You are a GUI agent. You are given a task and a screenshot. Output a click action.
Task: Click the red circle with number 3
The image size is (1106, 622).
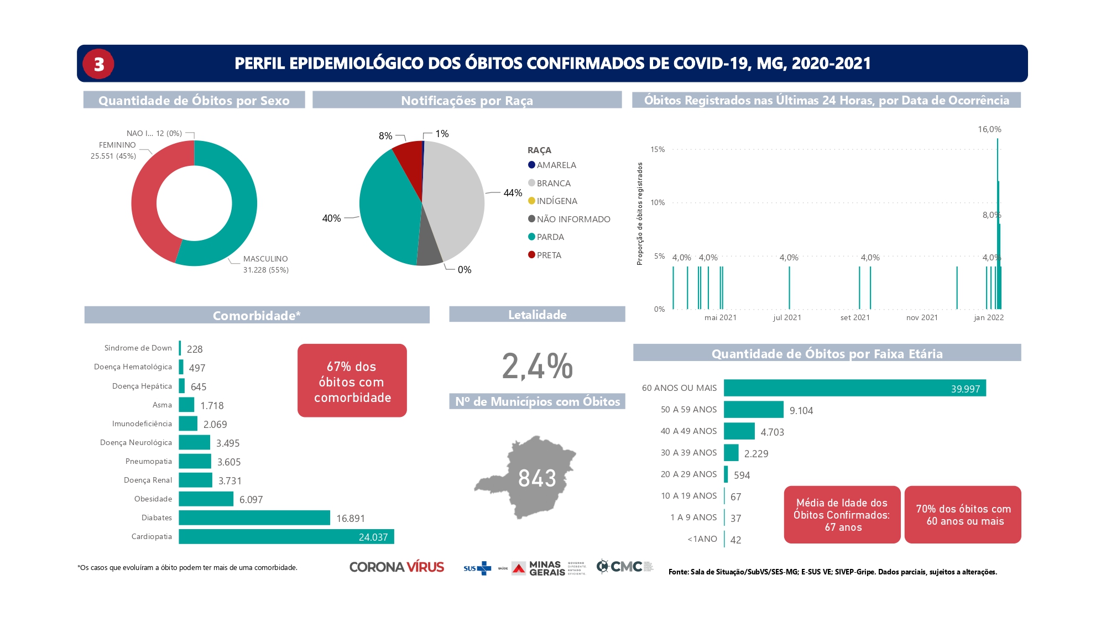click(98, 64)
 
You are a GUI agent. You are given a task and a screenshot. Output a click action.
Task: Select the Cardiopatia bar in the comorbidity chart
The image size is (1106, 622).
click(286, 536)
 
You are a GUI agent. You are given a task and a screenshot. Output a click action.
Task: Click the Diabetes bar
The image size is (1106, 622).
click(254, 518)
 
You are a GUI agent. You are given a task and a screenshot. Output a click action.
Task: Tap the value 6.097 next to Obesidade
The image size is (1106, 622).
click(251, 500)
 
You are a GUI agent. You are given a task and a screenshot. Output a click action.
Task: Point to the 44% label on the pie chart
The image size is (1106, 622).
click(513, 193)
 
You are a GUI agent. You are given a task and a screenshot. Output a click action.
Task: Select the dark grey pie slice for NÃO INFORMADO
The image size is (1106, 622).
click(429, 252)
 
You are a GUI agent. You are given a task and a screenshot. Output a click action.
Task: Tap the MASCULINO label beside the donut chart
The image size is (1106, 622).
click(265, 259)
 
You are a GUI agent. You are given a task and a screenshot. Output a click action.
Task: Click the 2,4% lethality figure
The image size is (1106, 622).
click(537, 366)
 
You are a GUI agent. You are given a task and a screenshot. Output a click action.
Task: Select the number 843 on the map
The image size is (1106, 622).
click(537, 478)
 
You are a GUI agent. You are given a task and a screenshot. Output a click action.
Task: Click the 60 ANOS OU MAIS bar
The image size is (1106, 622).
click(854, 388)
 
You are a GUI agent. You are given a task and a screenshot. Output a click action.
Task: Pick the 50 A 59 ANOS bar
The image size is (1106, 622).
click(753, 410)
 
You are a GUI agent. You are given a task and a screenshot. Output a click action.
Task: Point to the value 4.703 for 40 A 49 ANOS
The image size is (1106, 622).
click(772, 432)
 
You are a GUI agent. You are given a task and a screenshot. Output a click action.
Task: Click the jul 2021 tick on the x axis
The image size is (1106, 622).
click(787, 318)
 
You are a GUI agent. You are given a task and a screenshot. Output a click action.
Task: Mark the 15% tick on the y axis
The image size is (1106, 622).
click(658, 150)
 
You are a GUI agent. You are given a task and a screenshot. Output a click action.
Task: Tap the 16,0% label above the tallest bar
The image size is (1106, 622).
click(989, 129)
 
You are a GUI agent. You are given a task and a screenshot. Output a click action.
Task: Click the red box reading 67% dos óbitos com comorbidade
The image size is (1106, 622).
click(352, 381)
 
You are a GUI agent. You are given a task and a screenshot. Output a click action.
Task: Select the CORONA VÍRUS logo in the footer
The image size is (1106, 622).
click(397, 567)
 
